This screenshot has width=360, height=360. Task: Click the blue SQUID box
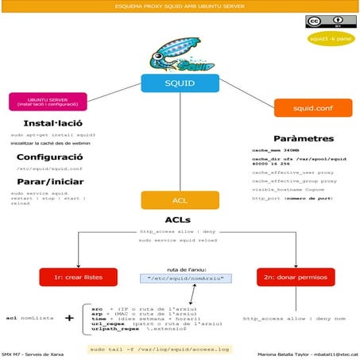tap(180, 82)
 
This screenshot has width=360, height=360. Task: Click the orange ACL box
tap(180, 200)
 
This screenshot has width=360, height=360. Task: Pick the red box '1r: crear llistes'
tap(79, 277)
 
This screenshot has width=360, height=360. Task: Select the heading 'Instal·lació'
tap(49, 124)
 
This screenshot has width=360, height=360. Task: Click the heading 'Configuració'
tap(48, 157)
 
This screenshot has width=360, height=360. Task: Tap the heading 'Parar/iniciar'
tap(48, 181)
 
